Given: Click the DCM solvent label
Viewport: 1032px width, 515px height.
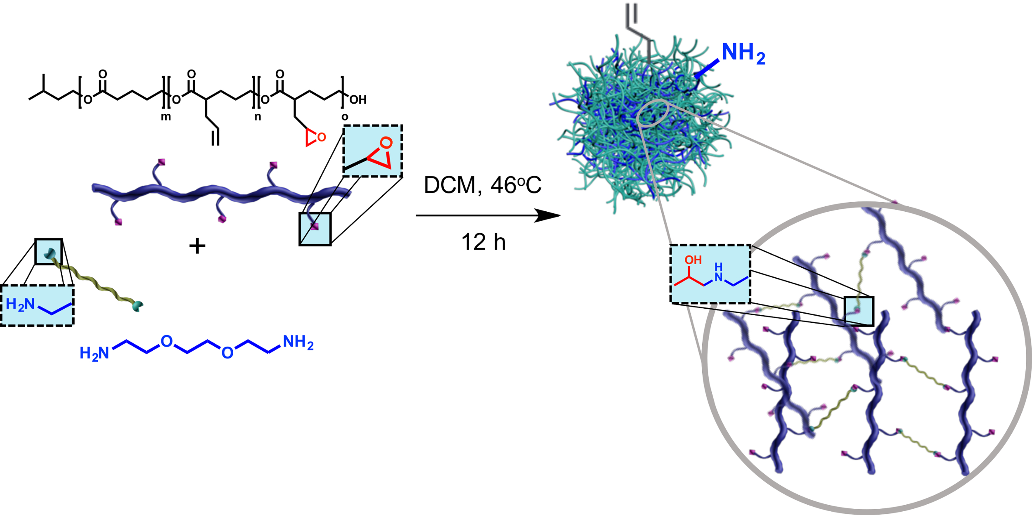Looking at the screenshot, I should [x=452, y=185].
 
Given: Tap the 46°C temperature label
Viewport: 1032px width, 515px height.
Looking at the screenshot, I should [x=516, y=185].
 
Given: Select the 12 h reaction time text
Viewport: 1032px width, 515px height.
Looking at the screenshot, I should [x=483, y=242].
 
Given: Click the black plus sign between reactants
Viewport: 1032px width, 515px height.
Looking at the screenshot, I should [x=197, y=246].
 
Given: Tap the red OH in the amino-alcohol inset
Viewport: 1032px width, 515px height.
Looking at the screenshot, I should [x=693, y=260].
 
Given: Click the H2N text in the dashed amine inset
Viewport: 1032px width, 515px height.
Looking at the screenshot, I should [x=20, y=305].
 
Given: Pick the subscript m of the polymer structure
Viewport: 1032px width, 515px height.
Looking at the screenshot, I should [x=166, y=117].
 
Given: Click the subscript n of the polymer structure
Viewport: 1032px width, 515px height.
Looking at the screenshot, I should [x=258, y=117].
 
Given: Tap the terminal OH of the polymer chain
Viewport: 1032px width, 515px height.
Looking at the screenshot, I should [x=357, y=100].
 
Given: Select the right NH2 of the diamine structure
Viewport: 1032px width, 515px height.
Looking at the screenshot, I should [x=298, y=343].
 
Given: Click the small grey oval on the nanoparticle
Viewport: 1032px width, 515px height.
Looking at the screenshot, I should [x=653, y=113].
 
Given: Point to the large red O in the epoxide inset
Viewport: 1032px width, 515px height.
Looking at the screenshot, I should [x=386, y=143].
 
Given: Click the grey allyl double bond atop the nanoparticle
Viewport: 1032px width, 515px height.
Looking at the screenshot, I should [x=632, y=13].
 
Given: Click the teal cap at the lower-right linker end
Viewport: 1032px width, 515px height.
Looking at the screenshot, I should [x=137, y=306].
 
